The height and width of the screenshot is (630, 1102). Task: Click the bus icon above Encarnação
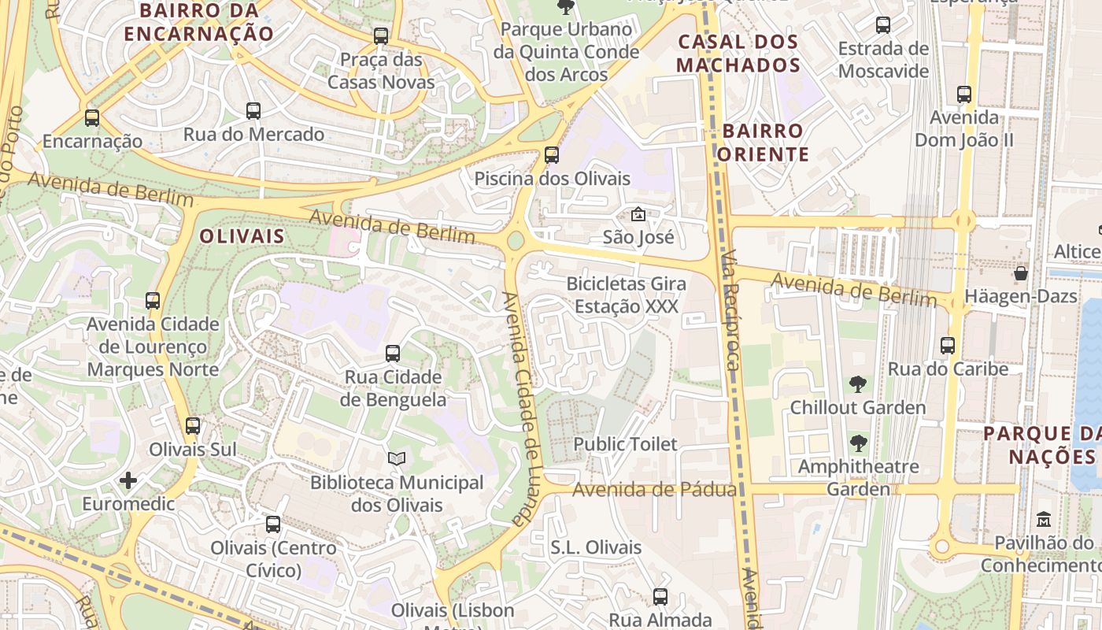pos(92,118)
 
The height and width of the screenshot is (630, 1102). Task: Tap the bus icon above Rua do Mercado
pos(253,111)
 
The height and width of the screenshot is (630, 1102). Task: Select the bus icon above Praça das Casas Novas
pos(381,35)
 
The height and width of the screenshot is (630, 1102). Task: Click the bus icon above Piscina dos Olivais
pos(552,155)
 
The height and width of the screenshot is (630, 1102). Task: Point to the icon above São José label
pos(638,213)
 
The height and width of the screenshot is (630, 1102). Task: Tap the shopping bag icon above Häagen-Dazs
pos(1021,273)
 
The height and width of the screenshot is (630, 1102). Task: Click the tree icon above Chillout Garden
pos(858,384)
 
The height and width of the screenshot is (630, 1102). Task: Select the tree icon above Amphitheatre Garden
pos(858,443)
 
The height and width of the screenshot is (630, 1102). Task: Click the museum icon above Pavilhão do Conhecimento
pos(1044,520)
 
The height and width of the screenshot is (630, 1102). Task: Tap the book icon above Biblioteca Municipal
pos(397,458)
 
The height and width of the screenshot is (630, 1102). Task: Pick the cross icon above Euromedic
pos(128,480)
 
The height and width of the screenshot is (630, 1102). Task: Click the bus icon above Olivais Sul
pos(193,426)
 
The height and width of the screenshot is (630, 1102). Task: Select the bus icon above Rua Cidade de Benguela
pos(393,354)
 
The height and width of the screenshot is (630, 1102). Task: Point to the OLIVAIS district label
pos(242,236)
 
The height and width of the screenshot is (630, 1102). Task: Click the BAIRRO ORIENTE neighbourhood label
pos(763,143)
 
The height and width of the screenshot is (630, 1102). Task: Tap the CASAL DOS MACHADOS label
pos(738,54)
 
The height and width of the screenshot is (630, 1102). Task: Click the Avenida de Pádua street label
pos(654,490)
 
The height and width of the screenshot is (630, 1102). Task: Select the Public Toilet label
pos(625,444)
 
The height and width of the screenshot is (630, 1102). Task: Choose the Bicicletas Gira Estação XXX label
pos(627,295)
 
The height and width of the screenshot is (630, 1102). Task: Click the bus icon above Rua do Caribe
pos(948,346)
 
